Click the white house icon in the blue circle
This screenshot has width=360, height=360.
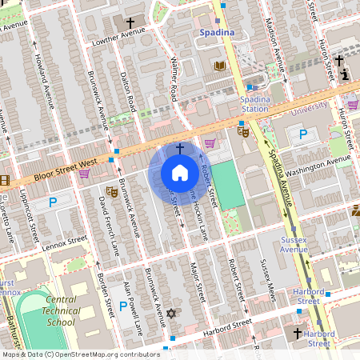pyautogui.click(x=179, y=173)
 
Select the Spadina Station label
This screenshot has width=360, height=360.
pyautogui.click(x=255, y=103)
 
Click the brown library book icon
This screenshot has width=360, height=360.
pyautogui.click(x=220, y=66)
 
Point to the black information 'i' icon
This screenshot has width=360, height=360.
pyautogui.click(x=345, y=74)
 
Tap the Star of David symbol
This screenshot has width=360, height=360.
pyautogui.click(x=170, y=314)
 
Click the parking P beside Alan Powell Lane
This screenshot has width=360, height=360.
pyautogui.click(x=122, y=306)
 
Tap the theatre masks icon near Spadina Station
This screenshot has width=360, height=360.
pyautogui.click(x=243, y=127)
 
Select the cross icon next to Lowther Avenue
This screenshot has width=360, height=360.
pyautogui.click(x=130, y=24)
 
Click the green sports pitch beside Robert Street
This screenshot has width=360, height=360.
pyautogui.click(x=229, y=185)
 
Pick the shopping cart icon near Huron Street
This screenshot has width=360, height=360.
pyautogui.click(x=352, y=105)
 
